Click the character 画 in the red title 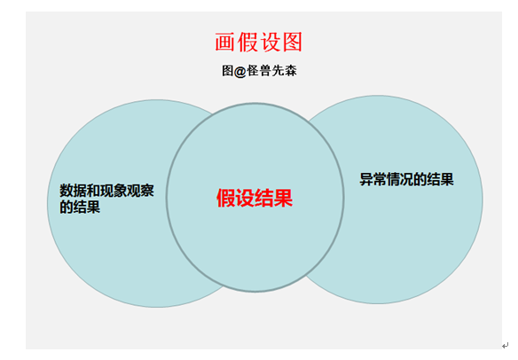(x=224, y=42)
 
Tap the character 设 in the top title (x=271, y=42)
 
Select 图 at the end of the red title (x=293, y=42)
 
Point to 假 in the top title (x=247, y=42)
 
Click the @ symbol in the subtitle (x=239, y=71)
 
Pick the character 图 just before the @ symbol (x=228, y=71)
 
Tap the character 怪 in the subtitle (x=253, y=71)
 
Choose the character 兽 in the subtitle (x=265, y=71)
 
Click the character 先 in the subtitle (x=278, y=71)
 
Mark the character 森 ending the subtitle (x=290, y=71)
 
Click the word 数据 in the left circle (x=73, y=191)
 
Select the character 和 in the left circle (x=93, y=191)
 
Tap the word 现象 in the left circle (x=114, y=191)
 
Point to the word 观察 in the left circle (x=141, y=191)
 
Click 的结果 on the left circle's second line (x=80, y=207)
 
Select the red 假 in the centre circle (x=226, y=198)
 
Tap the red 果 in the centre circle (x=284, y=198)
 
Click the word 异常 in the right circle (x=373, y=179)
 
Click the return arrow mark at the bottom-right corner (x=505, y=346)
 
